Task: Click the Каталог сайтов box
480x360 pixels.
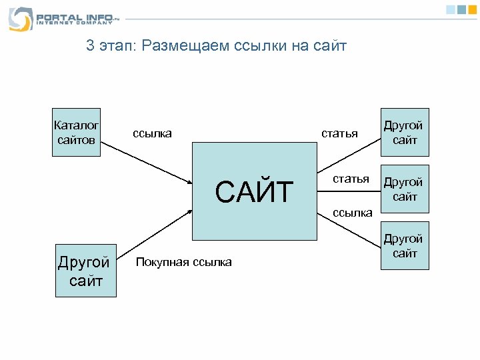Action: click(x=76, y=132)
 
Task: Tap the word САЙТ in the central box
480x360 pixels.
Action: click(x=254, y=192)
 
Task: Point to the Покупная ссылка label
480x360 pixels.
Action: click(x=183, y=262)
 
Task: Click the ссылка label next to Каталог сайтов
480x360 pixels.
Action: click(x=152, y=133)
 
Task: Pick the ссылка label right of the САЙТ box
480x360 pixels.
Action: click(x=353, y=213)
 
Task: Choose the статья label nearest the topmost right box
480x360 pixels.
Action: click(x=339, y=133)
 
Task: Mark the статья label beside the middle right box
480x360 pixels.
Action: click(x=351, y=179)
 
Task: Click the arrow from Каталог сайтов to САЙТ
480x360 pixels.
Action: click(x=147, y=161)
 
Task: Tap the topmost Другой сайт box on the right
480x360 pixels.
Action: click(x=405, y=132)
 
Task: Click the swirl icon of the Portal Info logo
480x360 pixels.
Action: click(x=20, y=19)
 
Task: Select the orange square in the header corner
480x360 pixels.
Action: click(x=472, y=9)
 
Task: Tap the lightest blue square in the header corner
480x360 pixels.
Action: click(x=451, y=9)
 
